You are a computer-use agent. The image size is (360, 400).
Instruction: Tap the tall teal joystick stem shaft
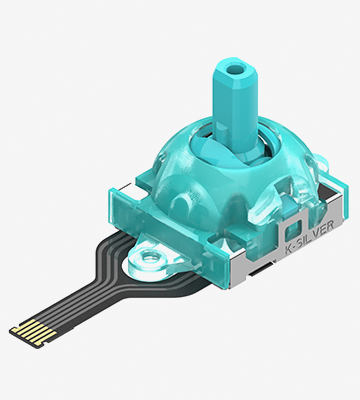click(x=236, y=107)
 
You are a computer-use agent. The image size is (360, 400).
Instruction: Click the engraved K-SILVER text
click(x=310, y=237)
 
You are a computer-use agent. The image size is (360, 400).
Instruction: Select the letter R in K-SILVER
click(x=329, y=226)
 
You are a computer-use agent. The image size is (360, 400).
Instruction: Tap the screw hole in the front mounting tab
click(x=151, y=257)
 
